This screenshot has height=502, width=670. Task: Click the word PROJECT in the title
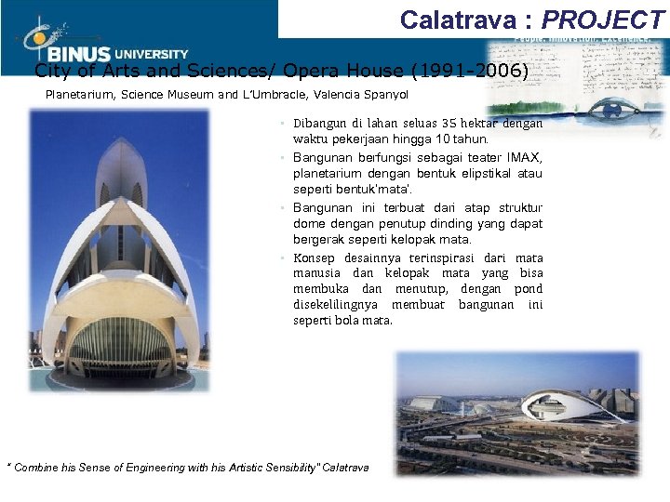pyautogui.click(x=604, y=20)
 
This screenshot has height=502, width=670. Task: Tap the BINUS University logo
pyautogui.click(x=102, y=44)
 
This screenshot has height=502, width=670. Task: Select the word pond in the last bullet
pyautogui.click(x=528, y=289)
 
